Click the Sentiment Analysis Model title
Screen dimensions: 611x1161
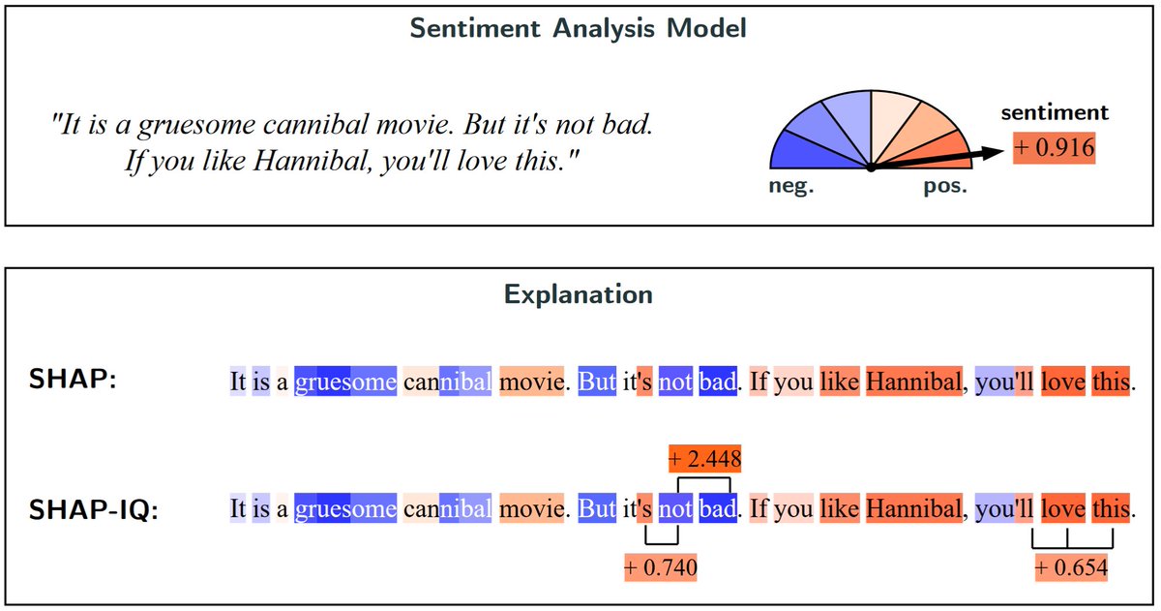(x=578, y=28)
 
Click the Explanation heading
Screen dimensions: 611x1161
(x=578, y=293)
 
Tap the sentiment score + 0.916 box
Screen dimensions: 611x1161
(x=1054, y=148)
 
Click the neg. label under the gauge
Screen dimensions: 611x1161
(x=790, y=187)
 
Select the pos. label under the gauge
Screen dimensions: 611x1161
(x=944, y=187)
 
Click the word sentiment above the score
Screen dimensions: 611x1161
(x=1054, y=113)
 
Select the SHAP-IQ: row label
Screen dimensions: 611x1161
(x=93, y=508)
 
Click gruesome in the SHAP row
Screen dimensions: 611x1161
(x=345, y=382)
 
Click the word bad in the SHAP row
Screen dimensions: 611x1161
(x=717, y=382)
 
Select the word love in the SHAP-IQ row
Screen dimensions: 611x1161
(x=1062, y=508)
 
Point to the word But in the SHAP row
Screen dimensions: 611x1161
(x=596, y=382)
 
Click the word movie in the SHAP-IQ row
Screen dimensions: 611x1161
(x=531, y=508)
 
